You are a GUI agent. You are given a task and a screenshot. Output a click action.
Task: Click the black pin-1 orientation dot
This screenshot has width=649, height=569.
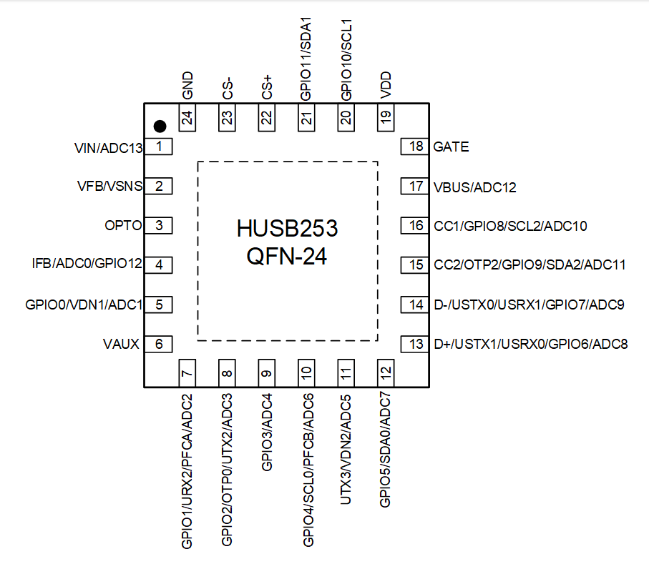pyautogui.click(x=160, y=127)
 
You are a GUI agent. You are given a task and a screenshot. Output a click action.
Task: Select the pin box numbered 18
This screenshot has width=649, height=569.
pyautogui.click(x=416, y=147)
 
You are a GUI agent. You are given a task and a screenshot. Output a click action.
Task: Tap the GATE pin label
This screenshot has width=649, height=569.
pyautogui.click(x=451, y=147)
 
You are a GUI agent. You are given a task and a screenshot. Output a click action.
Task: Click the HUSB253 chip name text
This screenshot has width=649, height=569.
pyautogui.click(x=287, y=229)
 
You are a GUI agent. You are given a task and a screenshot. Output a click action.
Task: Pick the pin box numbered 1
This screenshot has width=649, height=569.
pyautogui.click(x=160, y=147)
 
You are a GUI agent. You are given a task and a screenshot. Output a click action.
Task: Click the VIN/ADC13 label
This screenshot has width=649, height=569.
pyautogui.click(x=109, y=148)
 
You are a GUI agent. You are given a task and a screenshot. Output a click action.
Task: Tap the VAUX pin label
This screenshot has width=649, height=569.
pyautogui.click(x=121, y=344)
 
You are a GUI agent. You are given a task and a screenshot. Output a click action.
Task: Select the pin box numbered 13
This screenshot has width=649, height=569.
pyautogui.click(x=416, y=344)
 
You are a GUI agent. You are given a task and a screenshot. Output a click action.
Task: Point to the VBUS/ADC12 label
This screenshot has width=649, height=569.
pyautogui.click(x=474, y=187)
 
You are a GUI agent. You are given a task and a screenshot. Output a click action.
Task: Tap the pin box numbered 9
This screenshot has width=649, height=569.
pyautogui.click(x=267, y=373)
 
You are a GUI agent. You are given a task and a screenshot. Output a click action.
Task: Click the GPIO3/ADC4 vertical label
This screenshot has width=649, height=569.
pyautogui.click(x=267, y=432)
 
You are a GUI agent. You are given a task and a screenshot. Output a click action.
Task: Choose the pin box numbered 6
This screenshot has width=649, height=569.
pyautogui.click(x=160, y=344)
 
